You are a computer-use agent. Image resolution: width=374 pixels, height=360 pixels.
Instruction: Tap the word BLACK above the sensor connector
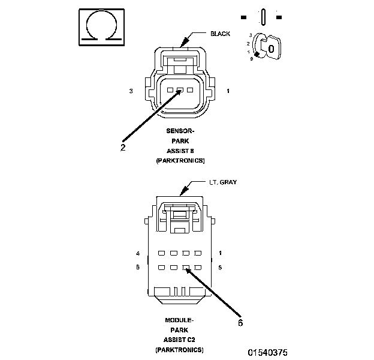[x=219, y=34]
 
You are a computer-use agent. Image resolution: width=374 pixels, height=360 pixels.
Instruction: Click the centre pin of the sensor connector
[x=180, y=91]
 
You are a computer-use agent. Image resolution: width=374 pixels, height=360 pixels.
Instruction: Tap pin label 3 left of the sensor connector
[x=130, y=91]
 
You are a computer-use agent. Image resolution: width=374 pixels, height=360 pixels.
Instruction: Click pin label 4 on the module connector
[x=138, y=253]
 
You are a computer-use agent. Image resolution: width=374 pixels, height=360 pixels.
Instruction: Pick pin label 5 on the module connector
[x=221, y=267]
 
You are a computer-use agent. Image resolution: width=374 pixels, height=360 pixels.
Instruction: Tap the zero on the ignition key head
[x=271, y=47]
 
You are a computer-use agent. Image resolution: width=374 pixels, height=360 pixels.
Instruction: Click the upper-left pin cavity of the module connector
[x=161, y=253]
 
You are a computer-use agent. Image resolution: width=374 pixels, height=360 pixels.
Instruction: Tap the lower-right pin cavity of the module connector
[x=198, y=268]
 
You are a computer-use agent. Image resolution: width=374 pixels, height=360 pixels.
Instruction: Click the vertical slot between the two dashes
[x=262, y=16]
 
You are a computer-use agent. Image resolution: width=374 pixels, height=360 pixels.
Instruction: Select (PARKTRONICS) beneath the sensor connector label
[x=180, y=160]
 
